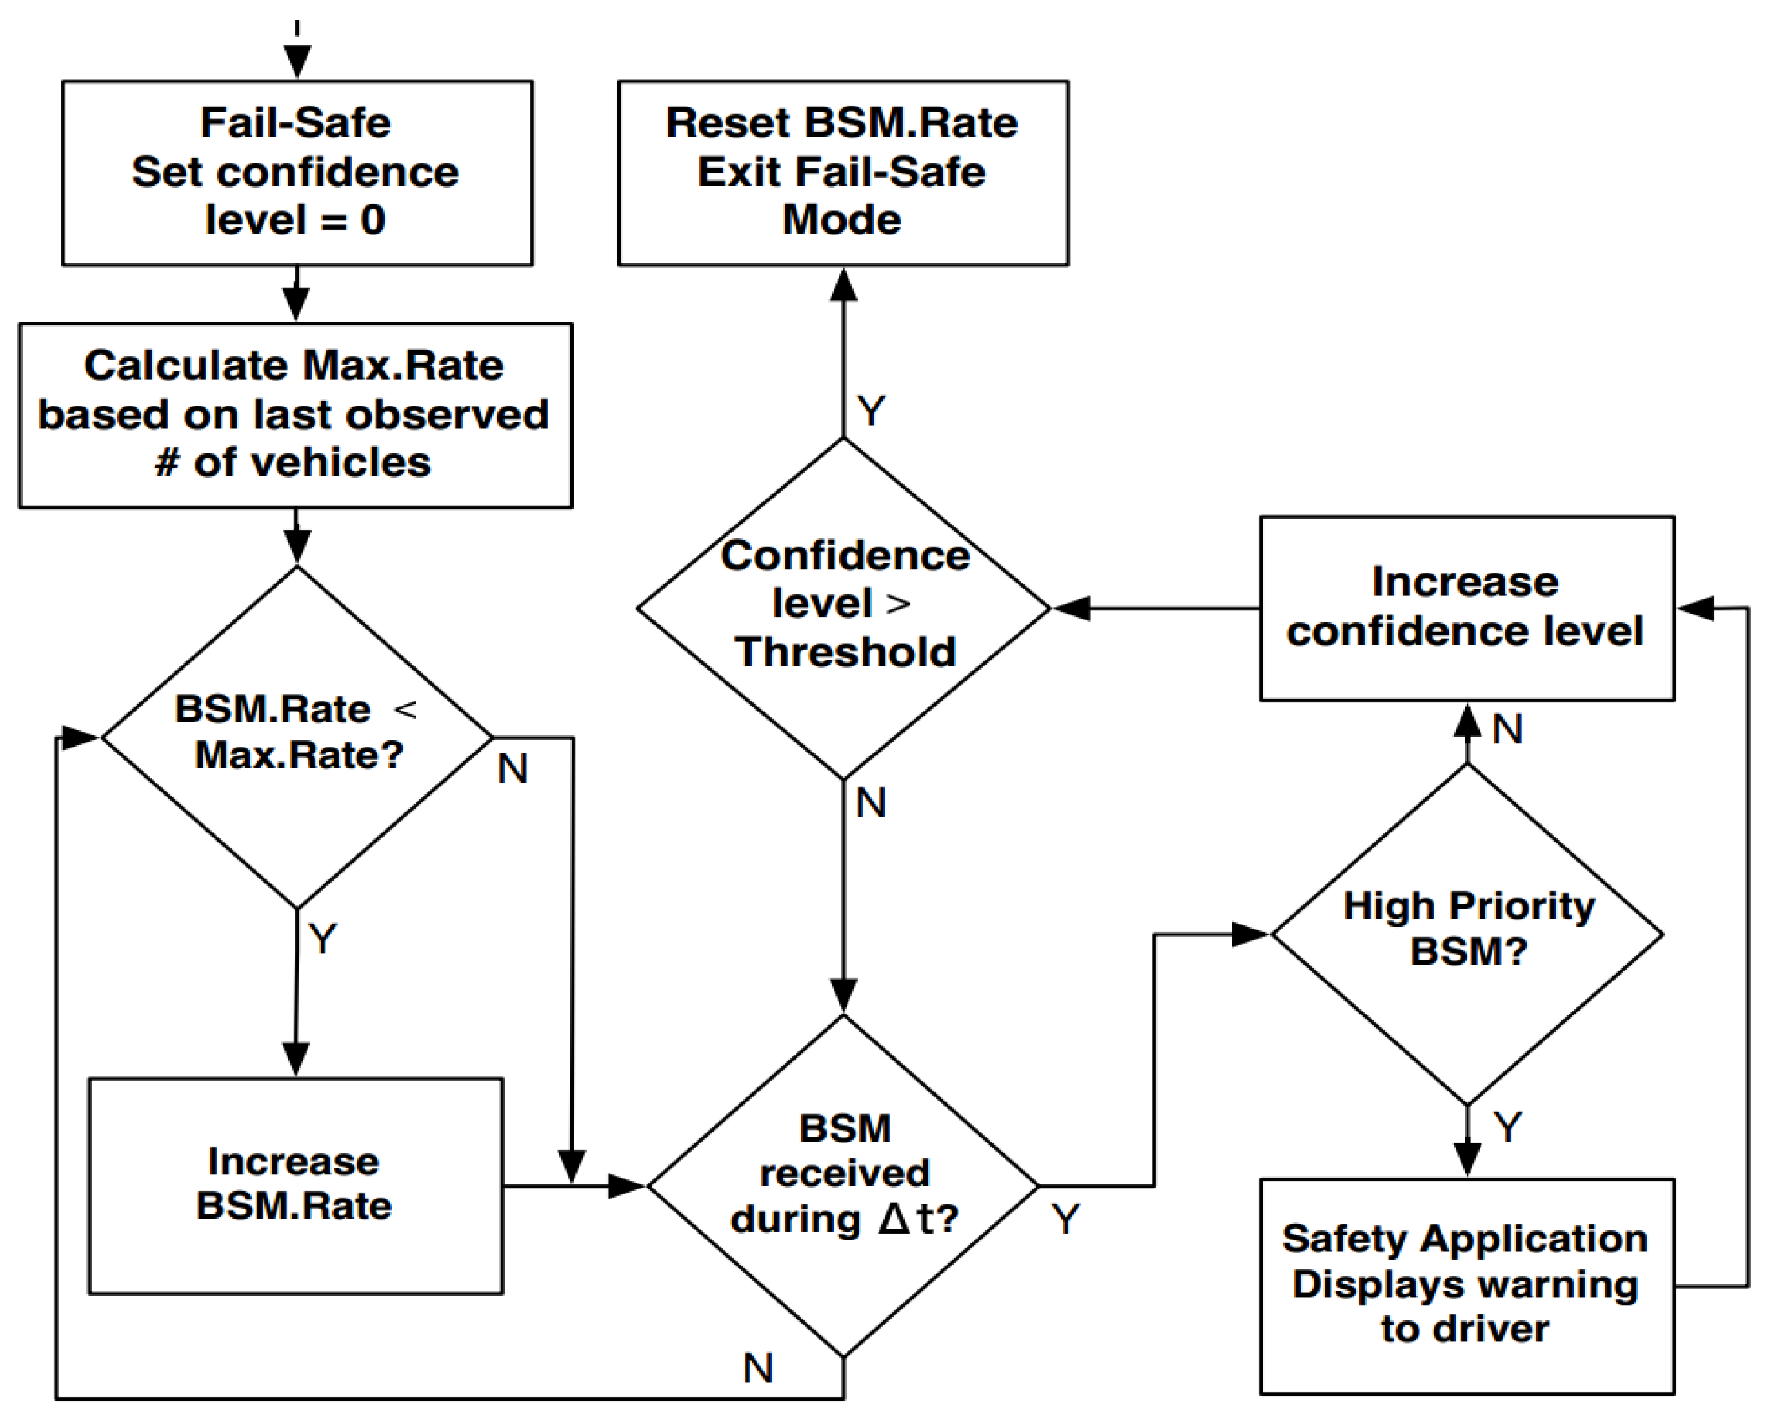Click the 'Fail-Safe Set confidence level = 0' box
pos(297,173)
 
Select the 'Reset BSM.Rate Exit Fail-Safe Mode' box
pos(843,173)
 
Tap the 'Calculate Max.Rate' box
pos(295,415)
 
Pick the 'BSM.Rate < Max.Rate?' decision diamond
pos(297,738)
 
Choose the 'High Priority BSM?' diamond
pos(1467,934)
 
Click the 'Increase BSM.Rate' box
pos(295,1186)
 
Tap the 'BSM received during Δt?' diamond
pos(843,1186)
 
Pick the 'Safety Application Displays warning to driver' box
pos(1467,1286)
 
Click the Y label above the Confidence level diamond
pos(871,410)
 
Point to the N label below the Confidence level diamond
pos(871,802)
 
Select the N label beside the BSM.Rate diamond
pos(512,769)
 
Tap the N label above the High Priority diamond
pos(1507,729)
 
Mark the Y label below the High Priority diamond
pos(1507,1127)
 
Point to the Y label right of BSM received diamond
pos(1065,1219)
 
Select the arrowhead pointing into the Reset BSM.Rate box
pos(843,285)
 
